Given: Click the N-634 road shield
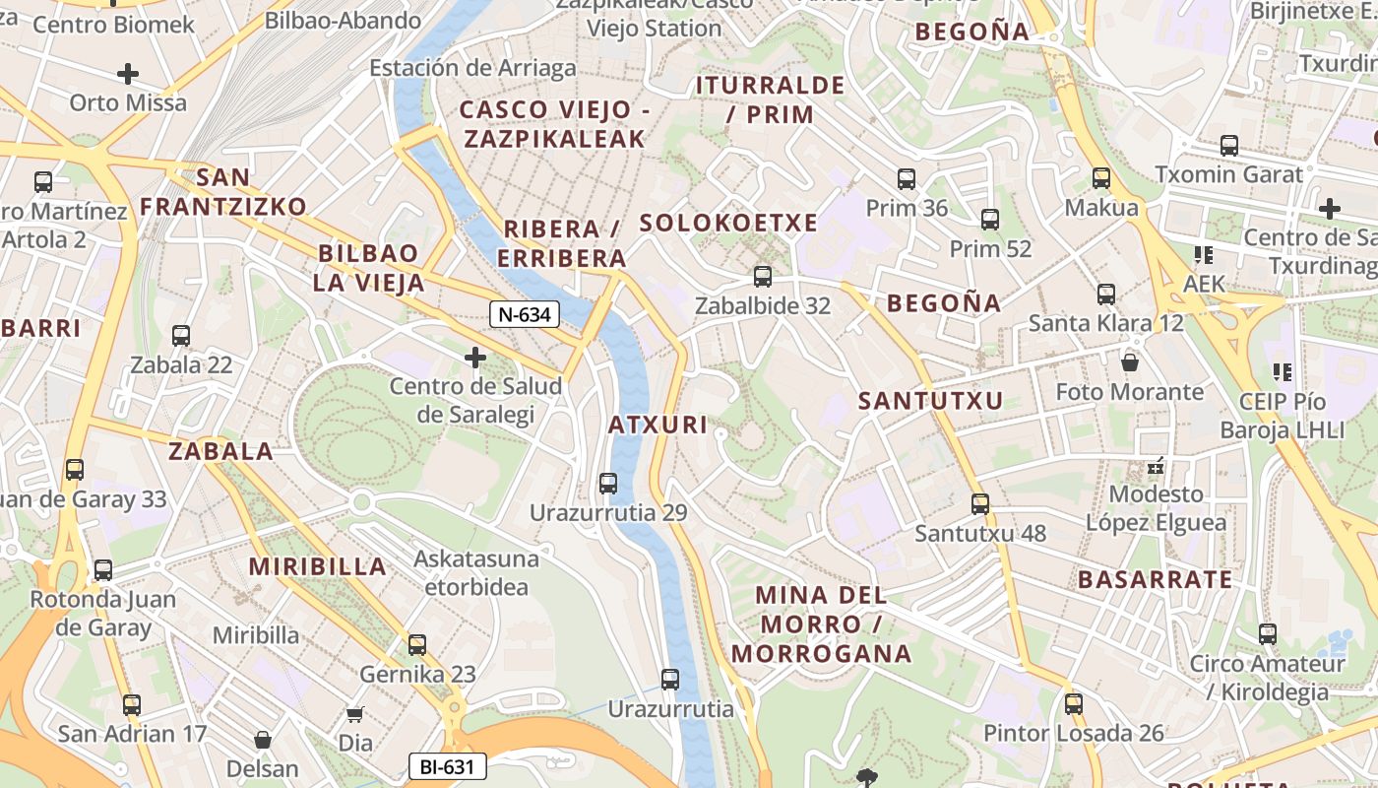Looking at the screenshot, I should [x=526, y=315].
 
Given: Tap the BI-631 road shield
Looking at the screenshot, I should [x=447, y=766].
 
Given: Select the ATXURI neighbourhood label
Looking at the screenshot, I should [x=658, y=425].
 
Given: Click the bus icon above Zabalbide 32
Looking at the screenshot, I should [x=762, y=277].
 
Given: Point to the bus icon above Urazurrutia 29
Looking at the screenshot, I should [x=608, y=484].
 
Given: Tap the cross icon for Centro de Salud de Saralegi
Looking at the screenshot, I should [x=475, y=357].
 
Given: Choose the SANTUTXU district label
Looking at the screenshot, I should [x=930, y=401].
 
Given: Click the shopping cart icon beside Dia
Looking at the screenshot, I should [x=355, y=714].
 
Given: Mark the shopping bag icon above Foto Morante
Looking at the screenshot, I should [x=1130, y=362].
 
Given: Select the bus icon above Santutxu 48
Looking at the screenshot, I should [x=979, y=504].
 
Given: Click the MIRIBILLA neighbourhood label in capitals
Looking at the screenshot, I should [x=317, y=566].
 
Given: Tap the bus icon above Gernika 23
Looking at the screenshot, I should [x=417, y=645].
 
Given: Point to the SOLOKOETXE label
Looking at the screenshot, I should [x=728, y=223].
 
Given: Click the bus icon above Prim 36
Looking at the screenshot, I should [x=907, y=179].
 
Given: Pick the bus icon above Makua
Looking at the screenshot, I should [x=1101, y=178].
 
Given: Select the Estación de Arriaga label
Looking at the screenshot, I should [x=472, y=68].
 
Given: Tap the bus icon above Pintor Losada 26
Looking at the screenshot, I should [x=1074, y=704].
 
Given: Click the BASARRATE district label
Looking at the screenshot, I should [x=1155, y=579].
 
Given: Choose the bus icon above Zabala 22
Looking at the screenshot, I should [x=181, y=336].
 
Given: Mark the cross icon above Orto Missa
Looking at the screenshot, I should [x=127, y=74].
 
